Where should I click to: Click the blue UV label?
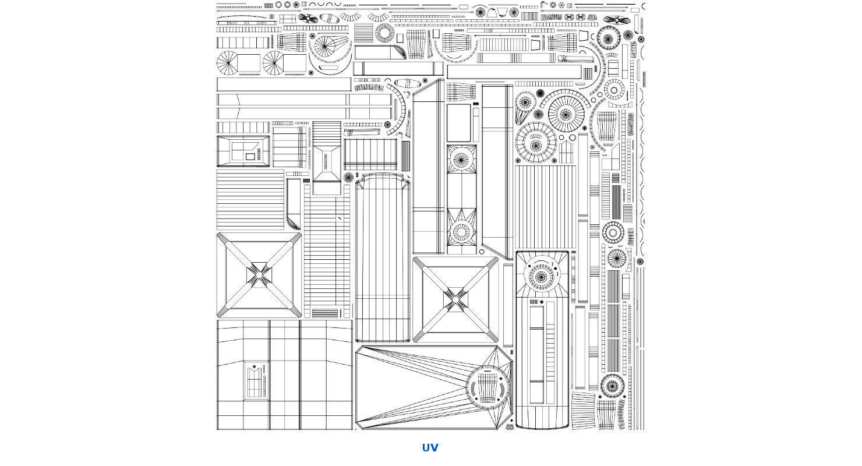[430, 447]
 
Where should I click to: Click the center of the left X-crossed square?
[259, 274]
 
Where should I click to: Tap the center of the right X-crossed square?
[455, 298]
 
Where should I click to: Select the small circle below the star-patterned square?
[482, 252]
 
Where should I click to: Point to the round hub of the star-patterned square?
[461, 231]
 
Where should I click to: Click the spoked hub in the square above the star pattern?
[461, 160]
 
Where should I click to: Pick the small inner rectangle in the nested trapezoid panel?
[250, 156]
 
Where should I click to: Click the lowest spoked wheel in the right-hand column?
[612, 385]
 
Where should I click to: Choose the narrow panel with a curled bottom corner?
[293, 204]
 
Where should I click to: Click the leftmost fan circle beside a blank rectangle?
[227, 62]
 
